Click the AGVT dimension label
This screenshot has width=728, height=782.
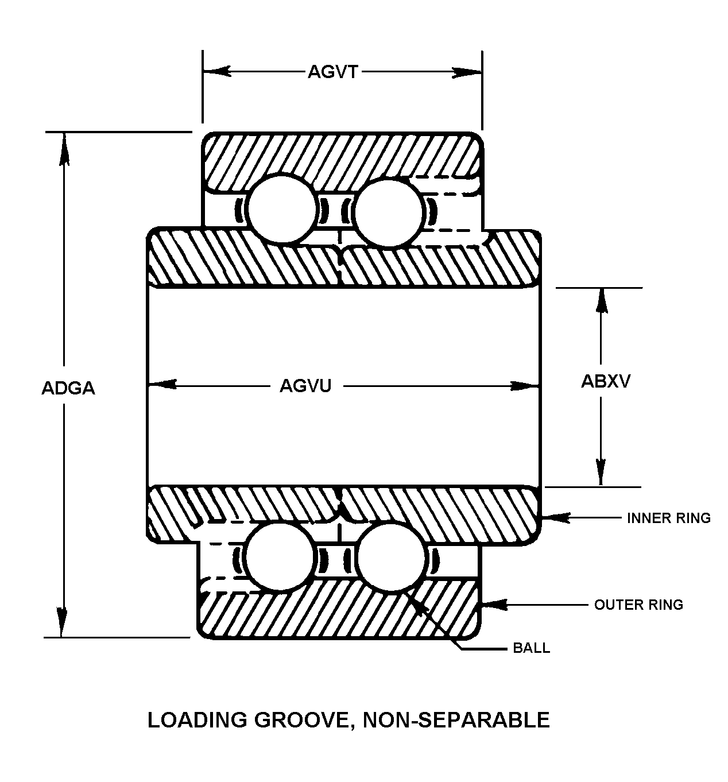(333, 72)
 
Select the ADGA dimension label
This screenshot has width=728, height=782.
(68, 388)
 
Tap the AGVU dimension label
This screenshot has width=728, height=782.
(305, 386)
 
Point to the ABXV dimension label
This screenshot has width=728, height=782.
(606, 381)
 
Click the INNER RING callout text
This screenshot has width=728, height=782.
(669, 518)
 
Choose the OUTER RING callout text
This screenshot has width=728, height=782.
(638, 605)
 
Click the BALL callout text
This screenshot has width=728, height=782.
(531, 648)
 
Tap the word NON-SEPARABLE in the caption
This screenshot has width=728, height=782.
(456, 719)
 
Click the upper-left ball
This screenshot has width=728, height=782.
(281, 210)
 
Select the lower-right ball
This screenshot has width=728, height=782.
(392, 556)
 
